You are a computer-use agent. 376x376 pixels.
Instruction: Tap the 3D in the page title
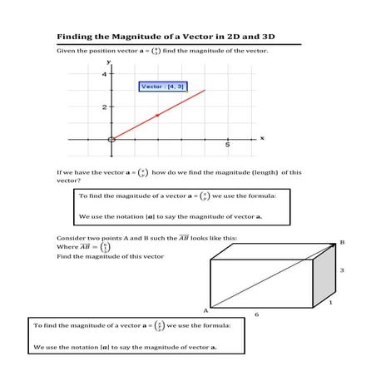coord(255,37)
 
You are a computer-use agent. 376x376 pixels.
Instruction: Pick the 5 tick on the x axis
coord(226,145)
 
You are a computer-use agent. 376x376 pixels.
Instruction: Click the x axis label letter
coord(262,138)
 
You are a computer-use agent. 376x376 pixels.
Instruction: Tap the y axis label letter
coord(108,62)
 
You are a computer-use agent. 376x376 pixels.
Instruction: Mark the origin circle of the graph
coord(111,138)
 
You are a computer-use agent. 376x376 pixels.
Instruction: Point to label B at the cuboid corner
coord(342,243)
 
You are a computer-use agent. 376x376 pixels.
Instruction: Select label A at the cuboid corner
coord(204,309)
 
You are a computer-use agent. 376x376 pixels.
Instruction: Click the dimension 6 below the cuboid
coord(256,314)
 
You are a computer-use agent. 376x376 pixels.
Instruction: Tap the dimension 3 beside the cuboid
coord(341,270)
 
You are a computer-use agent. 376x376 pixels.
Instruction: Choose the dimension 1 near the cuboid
coord(330,303)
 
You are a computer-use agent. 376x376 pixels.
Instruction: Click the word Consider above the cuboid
coord(71,238)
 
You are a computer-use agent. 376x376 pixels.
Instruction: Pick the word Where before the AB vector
coord(66,247)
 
